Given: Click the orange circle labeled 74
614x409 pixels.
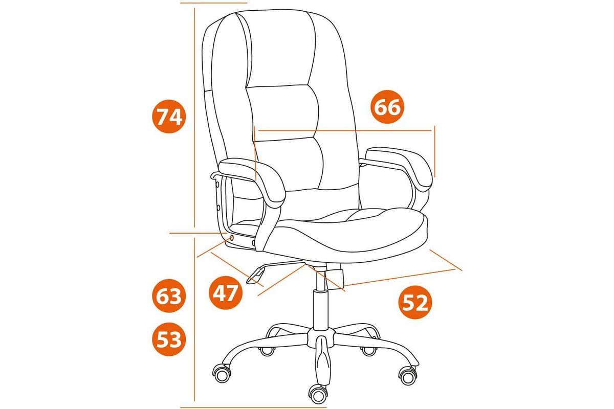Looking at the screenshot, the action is click(169, 117).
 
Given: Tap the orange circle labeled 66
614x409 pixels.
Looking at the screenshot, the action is click(387, 106).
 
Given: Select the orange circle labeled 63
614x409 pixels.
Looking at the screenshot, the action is click(169, 296).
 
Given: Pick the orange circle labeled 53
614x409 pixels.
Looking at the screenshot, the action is click(169, 339).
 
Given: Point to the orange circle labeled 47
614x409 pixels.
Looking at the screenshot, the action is click(226, 292).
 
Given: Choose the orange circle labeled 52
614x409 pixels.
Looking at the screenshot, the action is click(415, 303).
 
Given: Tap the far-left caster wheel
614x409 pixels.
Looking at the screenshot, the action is click(222, 373).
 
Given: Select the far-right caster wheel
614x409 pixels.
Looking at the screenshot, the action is click(408, 376).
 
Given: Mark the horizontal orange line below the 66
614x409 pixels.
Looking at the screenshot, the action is click(345, 131).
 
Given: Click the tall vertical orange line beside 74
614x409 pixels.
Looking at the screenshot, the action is click(194, 118).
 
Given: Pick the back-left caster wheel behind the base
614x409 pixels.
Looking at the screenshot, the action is click(267, 351).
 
